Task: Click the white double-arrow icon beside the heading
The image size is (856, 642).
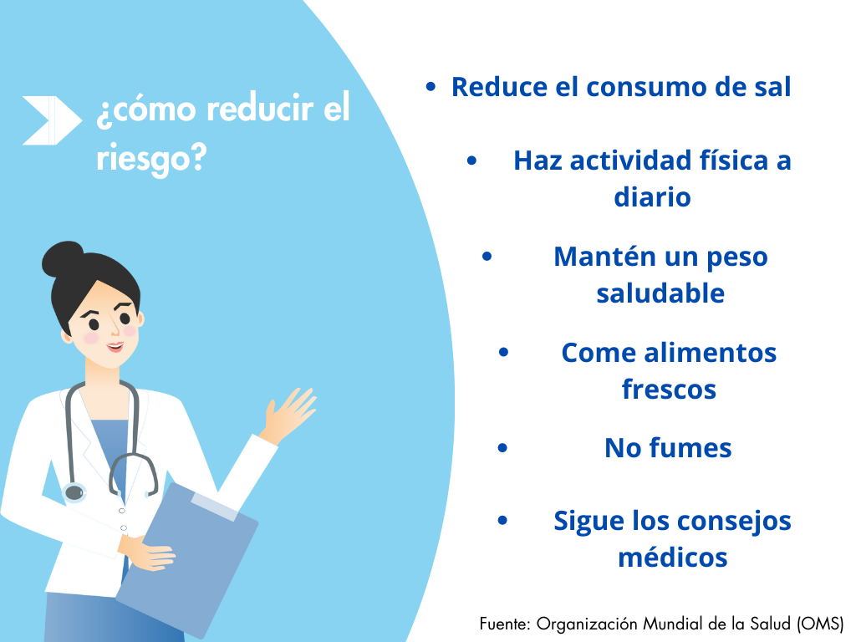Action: coord(52,120)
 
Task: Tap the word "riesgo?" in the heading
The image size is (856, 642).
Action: coord(151,159)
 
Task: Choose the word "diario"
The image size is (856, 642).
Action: coord(652,197)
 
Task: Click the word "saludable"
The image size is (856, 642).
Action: coord(660,293)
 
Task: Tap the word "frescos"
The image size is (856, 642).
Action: coord(669,390)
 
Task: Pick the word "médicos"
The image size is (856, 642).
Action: coord(673,558)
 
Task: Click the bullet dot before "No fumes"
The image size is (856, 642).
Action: coord(502,449)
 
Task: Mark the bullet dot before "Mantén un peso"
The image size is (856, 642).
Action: coord(487,256)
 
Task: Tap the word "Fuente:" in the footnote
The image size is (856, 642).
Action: coord(504,624)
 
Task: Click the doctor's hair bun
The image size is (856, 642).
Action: coord(63,259)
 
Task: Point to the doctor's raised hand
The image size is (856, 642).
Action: coord(288,415)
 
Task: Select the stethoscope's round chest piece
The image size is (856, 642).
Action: coord(74,492)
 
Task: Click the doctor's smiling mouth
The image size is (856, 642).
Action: coord(115,347)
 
